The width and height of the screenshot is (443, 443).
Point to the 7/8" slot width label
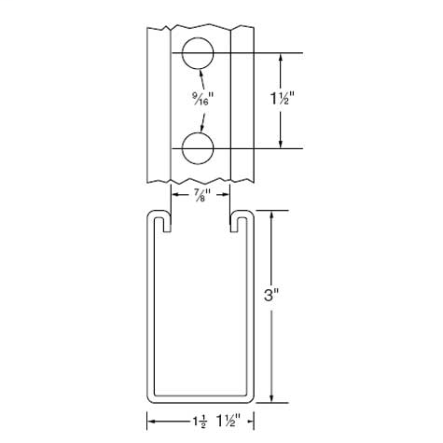(200, 194)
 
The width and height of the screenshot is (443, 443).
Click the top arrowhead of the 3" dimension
(271, 215)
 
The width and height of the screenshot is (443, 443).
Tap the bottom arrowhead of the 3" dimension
(271, 398)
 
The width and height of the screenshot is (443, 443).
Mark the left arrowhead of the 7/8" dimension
(174, 194)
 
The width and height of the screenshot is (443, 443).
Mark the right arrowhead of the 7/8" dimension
(227, 194)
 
